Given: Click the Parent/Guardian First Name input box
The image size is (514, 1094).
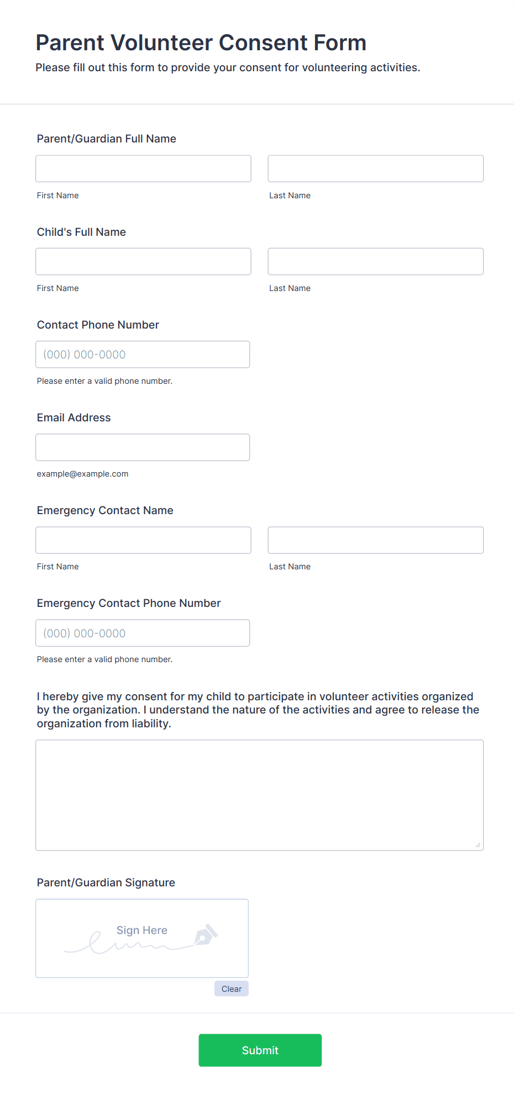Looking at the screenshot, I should tap(143, 168).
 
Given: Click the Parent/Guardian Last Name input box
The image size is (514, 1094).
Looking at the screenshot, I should tap(375, 168).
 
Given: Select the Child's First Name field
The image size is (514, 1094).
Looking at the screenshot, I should tap(143, 261).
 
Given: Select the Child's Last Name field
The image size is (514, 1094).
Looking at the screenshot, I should tap(375, 261).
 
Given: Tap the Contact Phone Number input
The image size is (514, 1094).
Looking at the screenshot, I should tap(143, 355).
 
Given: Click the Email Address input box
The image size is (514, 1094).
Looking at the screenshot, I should tap(143, 447).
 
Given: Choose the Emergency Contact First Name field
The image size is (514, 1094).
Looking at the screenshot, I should tap(143, 540).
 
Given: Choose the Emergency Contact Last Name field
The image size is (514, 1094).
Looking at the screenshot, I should tap(375, 540).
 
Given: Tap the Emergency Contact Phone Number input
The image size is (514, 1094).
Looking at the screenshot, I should tap(143, 633).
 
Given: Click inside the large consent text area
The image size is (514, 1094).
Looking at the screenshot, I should tap(259, 795).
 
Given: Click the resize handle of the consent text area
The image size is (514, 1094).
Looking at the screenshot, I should tap(478, 845).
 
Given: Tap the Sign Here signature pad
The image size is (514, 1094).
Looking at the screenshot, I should tap(141, 938).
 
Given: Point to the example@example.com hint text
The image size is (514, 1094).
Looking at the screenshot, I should tap(82, 474).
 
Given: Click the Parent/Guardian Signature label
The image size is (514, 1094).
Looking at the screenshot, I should tap(106, 882).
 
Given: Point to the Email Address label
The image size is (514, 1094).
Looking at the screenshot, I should tap(74, 417).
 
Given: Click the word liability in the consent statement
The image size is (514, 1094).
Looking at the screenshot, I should tap(150, 723).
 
